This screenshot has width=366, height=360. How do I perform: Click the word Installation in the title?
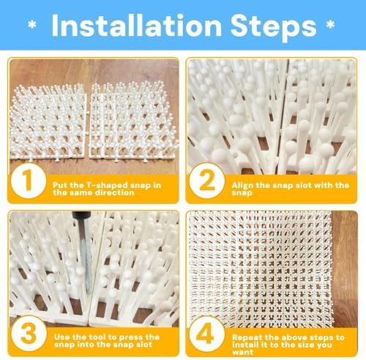click(137, 26)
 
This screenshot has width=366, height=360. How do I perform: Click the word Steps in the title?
click(273, 27)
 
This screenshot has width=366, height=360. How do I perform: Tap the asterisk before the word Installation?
click(32, 25)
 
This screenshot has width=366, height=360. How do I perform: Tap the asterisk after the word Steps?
click(330, 25)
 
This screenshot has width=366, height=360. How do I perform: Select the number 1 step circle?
click(29, 181)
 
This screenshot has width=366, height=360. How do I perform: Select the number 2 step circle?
click(207, 181)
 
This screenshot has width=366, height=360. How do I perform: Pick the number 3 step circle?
click(29, 334)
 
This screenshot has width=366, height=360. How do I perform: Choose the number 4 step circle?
click(207, 334)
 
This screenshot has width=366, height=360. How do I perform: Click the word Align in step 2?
click(239, 186)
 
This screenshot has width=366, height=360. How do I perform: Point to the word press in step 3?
click(131, 337)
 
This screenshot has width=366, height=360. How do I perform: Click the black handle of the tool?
click(81, 217)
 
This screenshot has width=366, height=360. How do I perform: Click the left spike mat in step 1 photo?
click(48, 122)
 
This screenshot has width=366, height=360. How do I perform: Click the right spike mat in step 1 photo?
click(133, 120)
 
